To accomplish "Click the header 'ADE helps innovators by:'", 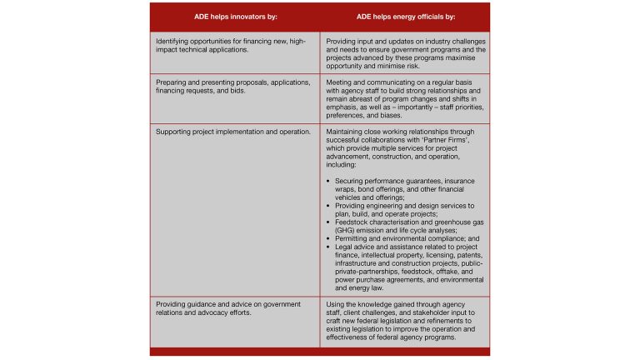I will [x=235, y=18].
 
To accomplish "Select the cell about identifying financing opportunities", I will [x=225, y=46].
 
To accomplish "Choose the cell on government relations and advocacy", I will [x=225, y=310].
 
